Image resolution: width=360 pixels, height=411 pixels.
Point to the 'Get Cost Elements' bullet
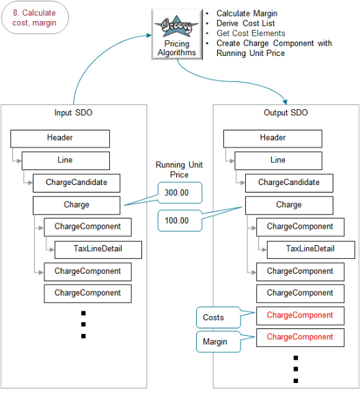tap(251, 33)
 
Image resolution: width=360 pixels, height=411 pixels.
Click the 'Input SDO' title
tap(73, 113)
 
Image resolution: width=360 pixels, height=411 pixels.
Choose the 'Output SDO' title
tap(286, 113)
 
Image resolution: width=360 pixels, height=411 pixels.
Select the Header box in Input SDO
tap(60, 138)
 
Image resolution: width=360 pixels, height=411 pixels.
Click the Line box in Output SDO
tap(278, 160)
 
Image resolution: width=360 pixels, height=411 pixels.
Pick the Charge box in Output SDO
tap(289, 205)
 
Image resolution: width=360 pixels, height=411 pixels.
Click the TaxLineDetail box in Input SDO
tap(98, 249)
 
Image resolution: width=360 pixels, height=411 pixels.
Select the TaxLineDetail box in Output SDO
tap(311, 250)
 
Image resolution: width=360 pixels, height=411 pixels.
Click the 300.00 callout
tap(177, 194)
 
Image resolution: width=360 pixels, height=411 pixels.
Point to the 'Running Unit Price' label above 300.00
tap(179, 170)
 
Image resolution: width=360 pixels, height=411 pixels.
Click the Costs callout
tap(214, 317)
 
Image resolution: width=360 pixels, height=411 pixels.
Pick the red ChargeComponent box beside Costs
tap(300, 315)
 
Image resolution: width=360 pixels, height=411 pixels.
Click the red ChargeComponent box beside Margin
tap(300, 337)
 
